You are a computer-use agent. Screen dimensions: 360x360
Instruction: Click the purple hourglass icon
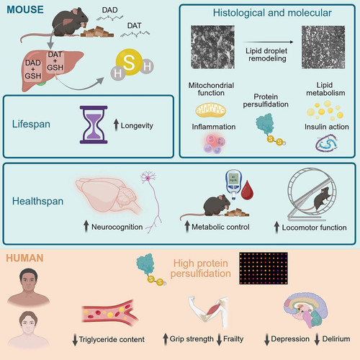coord(94,125)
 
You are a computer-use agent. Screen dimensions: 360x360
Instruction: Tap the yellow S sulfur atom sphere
coord(129,62)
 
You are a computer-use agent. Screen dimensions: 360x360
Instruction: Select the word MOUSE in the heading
coord(25,9)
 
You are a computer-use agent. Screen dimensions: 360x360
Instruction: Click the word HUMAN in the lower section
coord(24,258)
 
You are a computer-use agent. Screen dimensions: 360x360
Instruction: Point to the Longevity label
coord(137,125)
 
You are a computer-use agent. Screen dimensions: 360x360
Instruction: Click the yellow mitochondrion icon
coord(211,110)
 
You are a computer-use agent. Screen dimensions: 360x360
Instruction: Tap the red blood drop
coord(248,190)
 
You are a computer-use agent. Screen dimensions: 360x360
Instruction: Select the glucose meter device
coord(233,184)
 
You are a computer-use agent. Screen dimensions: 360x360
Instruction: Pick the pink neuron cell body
coord(148,178)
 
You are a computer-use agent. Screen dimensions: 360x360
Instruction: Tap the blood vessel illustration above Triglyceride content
coord(110,312)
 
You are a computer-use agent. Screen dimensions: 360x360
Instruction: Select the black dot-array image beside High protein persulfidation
coord(264,268)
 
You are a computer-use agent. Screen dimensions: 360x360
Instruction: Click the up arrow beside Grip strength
coord(166,339)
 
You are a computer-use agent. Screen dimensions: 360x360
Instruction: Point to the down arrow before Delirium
coord(317,339)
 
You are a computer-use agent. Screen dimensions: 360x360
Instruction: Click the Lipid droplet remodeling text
coord(266,55)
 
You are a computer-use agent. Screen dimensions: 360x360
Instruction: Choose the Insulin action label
coord(327,127)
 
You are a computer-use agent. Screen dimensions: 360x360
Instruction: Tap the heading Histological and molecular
coord(272,13)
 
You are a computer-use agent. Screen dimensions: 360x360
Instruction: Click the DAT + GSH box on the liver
coord(55,61)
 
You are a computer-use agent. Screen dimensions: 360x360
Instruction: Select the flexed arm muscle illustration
coord(209,311)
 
